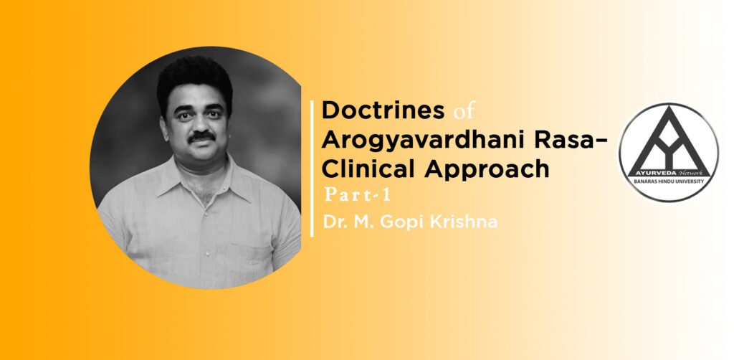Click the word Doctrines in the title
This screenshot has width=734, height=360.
pos(383,111)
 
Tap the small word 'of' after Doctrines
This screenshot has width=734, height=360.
pos(464,113)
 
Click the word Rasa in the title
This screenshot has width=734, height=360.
pos(563,140)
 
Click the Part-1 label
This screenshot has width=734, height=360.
pos(357,196)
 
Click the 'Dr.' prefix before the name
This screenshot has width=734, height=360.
pos(333,222)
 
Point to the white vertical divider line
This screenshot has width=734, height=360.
pos(312,169)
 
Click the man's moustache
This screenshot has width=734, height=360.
pos(201,137)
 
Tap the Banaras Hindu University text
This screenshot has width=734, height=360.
pos(669,181)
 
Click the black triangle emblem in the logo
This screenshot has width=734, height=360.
pos(669,141)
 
